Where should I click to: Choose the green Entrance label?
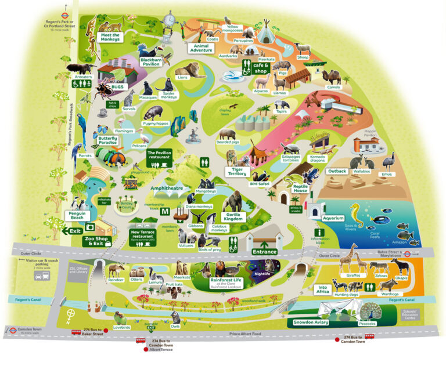(x=265, y=252)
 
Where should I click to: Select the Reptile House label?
(x=300, y=188)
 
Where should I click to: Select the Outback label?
(x=337, y=172)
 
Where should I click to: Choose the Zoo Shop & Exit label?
(x=96, y=241)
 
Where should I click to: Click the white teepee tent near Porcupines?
(x=267, y=33)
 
